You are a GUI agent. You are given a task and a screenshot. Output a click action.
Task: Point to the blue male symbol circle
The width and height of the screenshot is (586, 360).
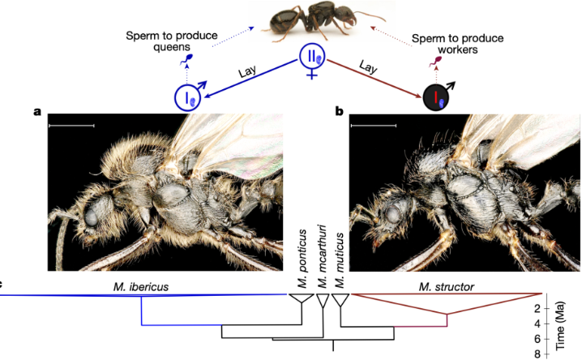click(187, 98)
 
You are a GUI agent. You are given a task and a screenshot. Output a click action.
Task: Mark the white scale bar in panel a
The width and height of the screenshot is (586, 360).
click(71, 126)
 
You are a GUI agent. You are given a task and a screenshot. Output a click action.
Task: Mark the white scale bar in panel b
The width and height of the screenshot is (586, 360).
click(374, 126)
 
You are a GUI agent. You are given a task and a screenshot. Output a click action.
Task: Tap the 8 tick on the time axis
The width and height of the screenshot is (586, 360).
click(559, 353)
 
